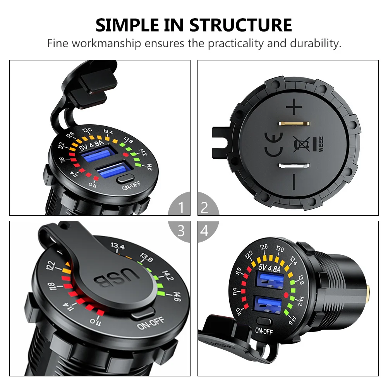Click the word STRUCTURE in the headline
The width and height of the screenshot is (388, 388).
[240, 25]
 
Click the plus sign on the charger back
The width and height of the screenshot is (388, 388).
[294, 106]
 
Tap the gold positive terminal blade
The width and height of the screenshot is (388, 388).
[294, 124]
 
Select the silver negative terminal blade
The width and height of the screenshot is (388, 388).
[294, 166]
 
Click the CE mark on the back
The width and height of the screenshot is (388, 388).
[273, 144]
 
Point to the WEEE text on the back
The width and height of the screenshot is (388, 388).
[321, 144]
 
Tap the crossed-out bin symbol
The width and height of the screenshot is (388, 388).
[302, 144]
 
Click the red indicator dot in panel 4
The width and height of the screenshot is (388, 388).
[286, 295]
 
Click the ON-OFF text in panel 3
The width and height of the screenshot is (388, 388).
[151, 323]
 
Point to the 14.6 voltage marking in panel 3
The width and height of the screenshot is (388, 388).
[177, 297]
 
